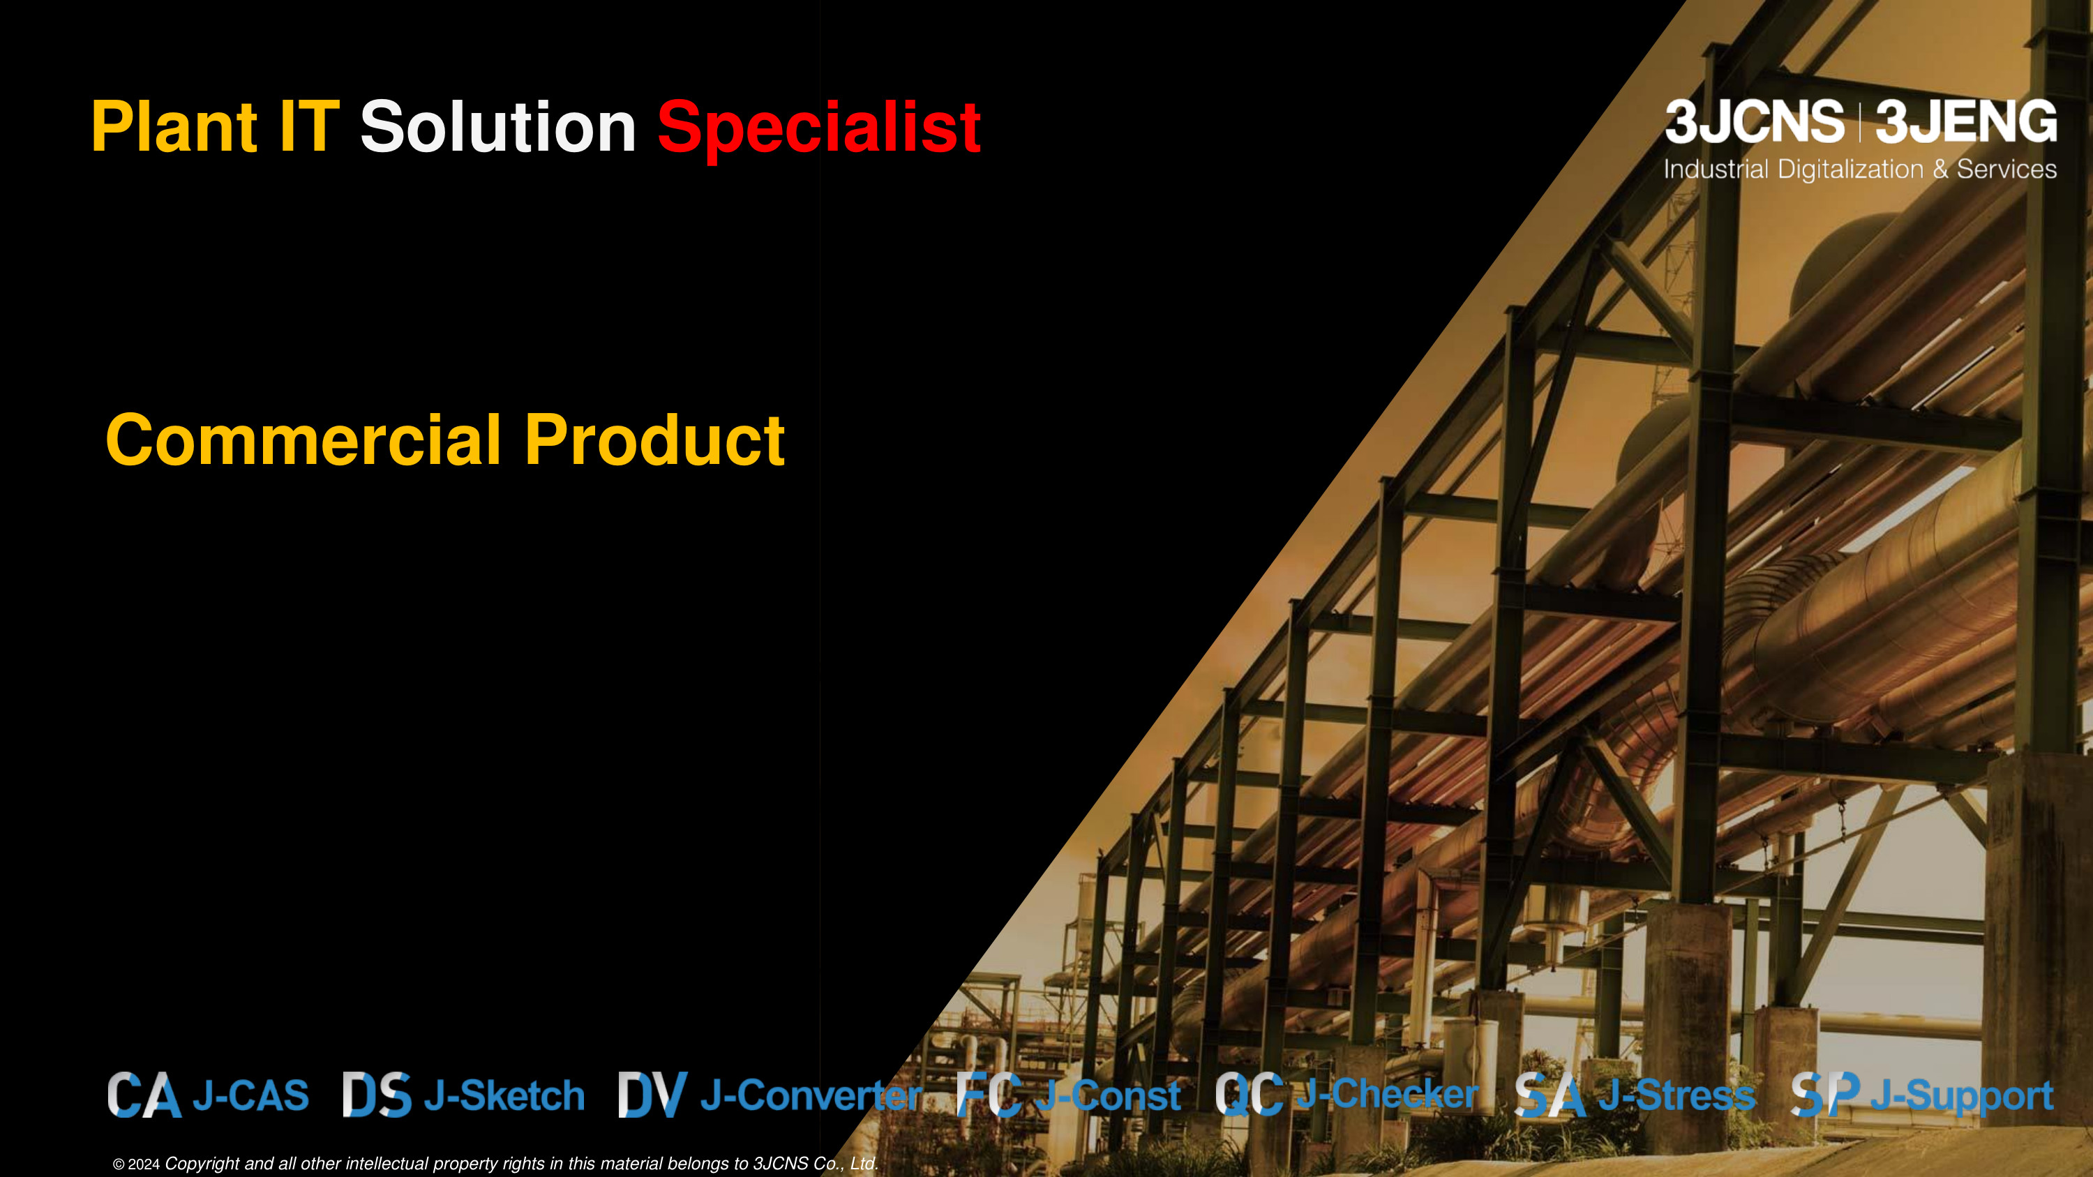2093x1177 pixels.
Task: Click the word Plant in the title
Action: pyautogui.click(x=174, y=127)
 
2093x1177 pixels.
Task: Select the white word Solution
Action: pyautogui.click(x=498, y=127)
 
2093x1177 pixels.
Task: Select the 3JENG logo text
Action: pyautogui.click(x=1965, y=122)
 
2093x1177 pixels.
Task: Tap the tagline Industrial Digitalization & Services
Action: pyautogui.click(x=1860, y=169)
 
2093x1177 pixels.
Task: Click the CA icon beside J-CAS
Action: pyautogui.click(x=144, y=1095)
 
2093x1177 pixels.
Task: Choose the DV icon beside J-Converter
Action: pyautogui.click(x=652, y=1094)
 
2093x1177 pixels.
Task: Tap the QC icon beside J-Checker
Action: pyautogui.click(x=1250, y=1094)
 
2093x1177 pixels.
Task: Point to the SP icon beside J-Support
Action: pyautogui.click(x=1825, y=1094)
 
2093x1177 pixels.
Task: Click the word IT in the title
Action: pyautogui.click(x=309, y=127)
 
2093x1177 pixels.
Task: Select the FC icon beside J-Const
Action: pyautogui.click(x=989, y=1094)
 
